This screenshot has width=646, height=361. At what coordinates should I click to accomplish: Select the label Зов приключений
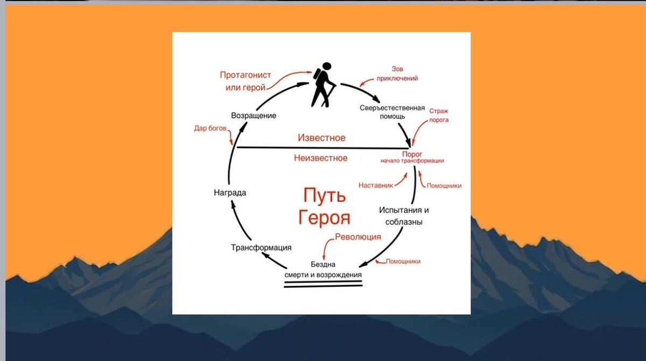tap(397, 74)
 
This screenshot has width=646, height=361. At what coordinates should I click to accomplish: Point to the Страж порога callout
tap(438, 116)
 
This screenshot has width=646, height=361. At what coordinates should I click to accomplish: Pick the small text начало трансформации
tap(412, 161)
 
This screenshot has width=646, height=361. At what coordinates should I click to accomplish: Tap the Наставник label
tap(375, 185)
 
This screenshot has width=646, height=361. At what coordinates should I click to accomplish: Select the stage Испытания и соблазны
tap(407, 216)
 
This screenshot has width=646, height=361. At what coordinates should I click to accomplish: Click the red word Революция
tap(358, 237)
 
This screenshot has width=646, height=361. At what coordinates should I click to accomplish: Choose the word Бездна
tap(324, 265)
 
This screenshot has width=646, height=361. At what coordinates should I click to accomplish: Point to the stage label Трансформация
tap(261, 247)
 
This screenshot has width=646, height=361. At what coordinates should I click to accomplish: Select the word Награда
tap(230, 193)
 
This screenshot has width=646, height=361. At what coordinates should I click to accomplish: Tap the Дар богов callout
tap(210, 129)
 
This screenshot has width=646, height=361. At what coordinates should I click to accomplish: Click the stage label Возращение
tap(254, 116)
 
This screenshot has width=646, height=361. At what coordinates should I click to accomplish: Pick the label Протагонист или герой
tap(245, 81)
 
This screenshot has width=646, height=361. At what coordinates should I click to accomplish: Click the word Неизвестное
tap(321, 158)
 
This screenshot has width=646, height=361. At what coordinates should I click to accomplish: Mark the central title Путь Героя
tap(324, 206)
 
